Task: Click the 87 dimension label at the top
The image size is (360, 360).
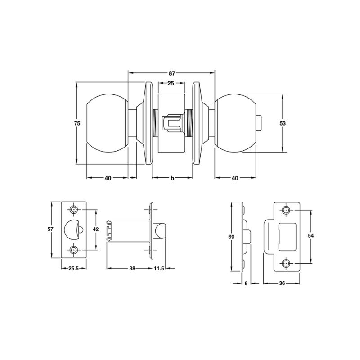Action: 172,73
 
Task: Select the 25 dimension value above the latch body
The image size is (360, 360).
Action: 171,83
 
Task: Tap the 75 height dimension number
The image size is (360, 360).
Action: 77,123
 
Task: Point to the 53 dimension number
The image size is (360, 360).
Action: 283,123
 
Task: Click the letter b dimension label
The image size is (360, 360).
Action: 172,178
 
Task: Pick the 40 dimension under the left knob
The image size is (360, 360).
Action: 108,178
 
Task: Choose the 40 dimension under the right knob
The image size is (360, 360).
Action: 235,178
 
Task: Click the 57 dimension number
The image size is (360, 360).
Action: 50,229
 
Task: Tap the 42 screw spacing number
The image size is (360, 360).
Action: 96,229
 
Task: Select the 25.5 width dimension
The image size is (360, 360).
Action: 73,268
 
